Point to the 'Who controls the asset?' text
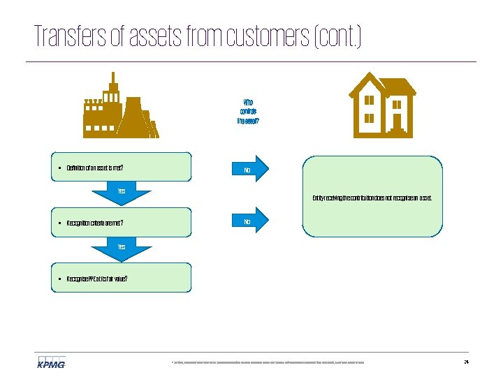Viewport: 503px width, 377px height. (x=248, y=110)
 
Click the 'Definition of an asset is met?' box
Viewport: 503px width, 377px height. (x=121, y=168)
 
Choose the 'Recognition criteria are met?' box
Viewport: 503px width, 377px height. (x=121, y=223)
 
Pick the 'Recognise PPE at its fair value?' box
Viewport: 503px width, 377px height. (x=121, y=278)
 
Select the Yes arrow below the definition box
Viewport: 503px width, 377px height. (x=122, y=193)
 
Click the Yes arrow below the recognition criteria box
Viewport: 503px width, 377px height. (x=122, y=249)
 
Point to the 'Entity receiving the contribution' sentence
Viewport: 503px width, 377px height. (x=372, y=198)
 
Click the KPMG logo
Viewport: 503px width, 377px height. (x=51, y=362)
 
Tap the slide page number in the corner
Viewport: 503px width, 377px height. (x=466, y=362)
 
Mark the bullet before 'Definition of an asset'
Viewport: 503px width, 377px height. (x=61, y=168)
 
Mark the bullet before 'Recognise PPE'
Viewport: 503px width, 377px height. (x=61, y=279)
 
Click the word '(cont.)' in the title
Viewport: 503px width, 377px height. (x=339, y=36)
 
